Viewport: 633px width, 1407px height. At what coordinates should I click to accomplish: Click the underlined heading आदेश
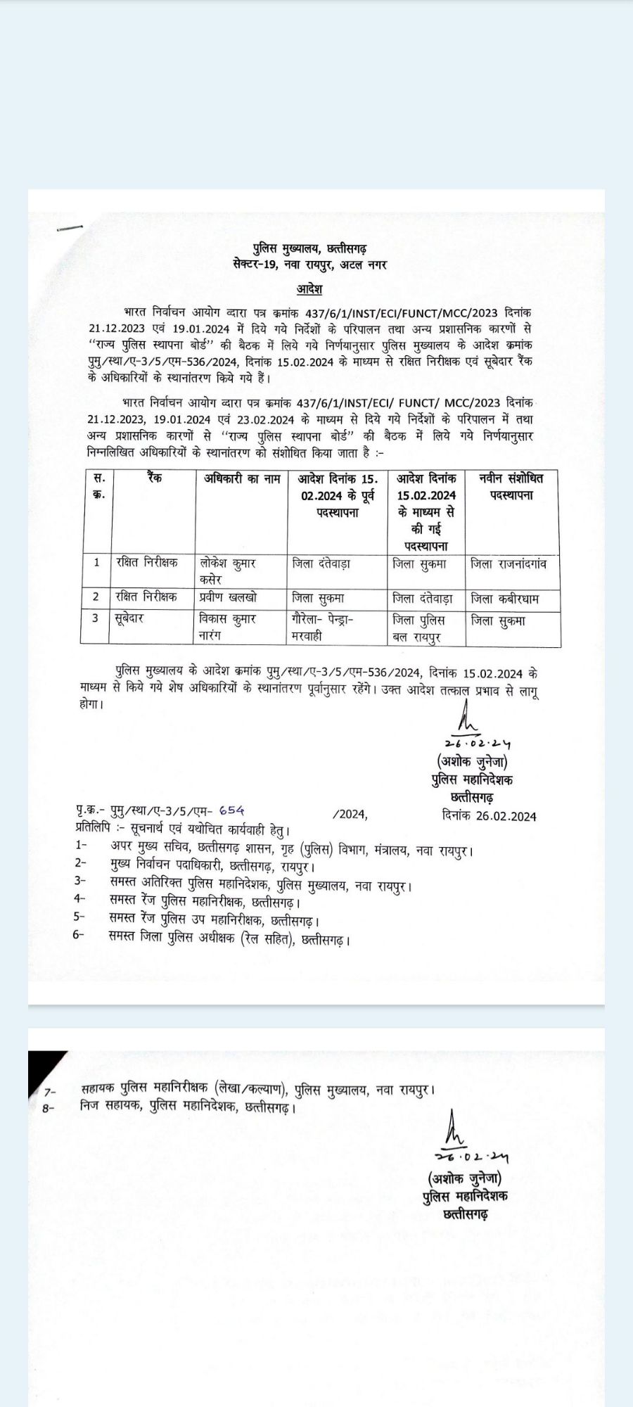309,288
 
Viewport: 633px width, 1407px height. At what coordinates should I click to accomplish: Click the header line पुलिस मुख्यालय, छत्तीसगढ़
309,249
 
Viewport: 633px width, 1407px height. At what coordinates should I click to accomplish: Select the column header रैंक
155,478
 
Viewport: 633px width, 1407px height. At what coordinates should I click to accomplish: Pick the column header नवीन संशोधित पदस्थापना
511,487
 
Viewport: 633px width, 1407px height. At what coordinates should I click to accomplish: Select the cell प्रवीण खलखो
228,597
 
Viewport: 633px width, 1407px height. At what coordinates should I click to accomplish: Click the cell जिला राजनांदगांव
509,564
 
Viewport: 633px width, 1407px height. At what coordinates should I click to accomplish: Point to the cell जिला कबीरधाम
505,599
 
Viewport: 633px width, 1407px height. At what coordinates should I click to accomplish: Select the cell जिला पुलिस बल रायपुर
419,629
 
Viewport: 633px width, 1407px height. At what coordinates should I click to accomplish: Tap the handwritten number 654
231,810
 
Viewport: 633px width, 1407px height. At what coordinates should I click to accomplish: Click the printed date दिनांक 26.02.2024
490,816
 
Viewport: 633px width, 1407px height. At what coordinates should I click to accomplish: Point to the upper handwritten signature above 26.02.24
467,722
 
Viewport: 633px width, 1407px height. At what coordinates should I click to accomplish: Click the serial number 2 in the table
96,597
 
